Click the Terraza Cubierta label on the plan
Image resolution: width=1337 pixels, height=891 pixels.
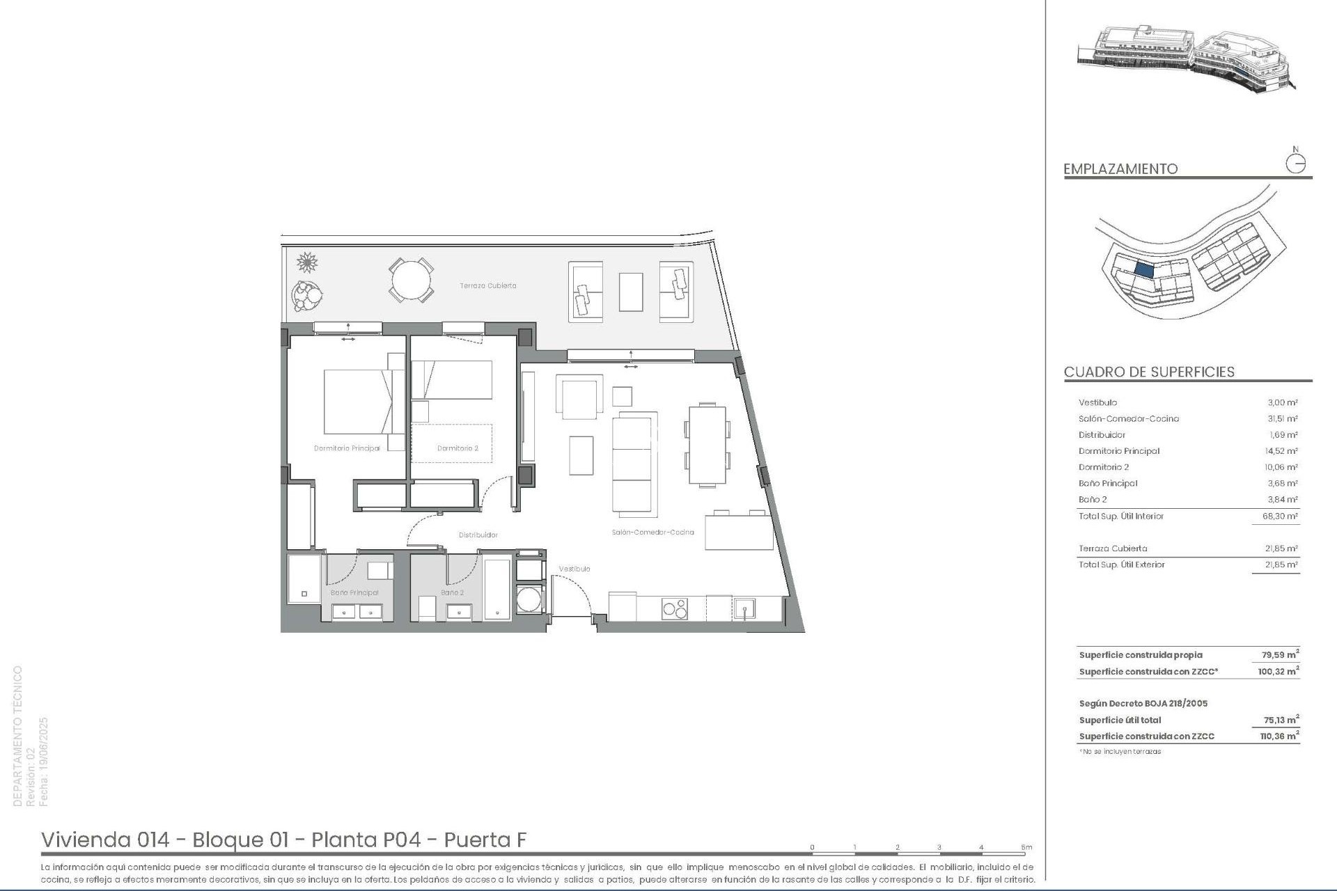pyautogui.click(x=487, y=285)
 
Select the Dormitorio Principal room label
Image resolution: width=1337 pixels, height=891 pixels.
pyautogui.click(x=347, y=448)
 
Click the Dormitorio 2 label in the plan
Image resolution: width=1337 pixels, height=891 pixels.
pyautogui.click(x=458, y=448)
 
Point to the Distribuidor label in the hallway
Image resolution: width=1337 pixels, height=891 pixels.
pyautogui.click(x=478, y=535)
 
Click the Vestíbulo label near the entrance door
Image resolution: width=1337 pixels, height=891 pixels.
pyautogui.click(x=574, y=569)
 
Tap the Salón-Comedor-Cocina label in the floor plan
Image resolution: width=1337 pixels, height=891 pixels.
pyautogui.click(x=652, y=532)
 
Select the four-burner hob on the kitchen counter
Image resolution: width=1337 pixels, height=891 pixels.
pyautogui.click(x=674, y=608)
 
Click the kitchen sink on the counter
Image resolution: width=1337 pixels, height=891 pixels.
pyautogui.click(x=744, y=609)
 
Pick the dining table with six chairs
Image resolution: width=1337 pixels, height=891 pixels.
pyautogui.click(x=707, y=444)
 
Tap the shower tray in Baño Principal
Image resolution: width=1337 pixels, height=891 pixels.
pyautogui.click(x=304, y=578)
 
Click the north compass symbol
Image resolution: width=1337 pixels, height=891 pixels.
pyautogui.click(x=1295, y=163)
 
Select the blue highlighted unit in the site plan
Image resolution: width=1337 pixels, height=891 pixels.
pyautogui.click(x=1144, y=269)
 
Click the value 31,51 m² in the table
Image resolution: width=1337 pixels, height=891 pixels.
pyautogui.click(x=1282, y=419)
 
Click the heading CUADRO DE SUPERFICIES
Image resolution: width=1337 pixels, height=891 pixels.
pyautogui.click(x=1149, y=372)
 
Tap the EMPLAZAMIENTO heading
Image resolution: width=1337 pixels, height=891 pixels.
pyautogui.click(x=1120, y=168)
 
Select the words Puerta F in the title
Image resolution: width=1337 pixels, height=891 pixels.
pyautogui.click(x=485, y=840)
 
